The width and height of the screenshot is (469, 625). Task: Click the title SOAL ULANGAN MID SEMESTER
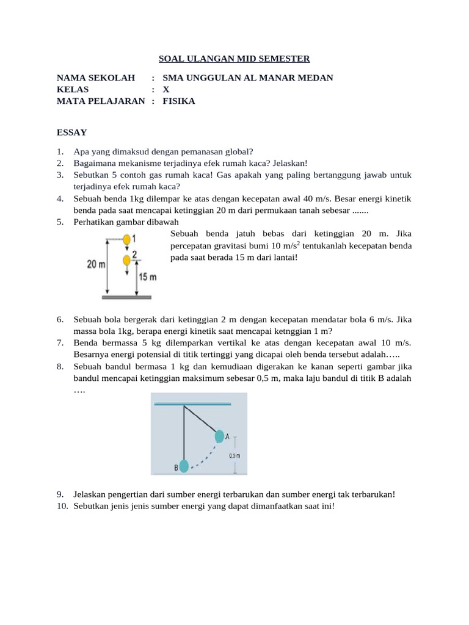[234, 59]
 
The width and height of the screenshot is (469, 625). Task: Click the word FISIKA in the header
[179, 101]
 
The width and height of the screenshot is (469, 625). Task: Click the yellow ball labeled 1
[126, 239]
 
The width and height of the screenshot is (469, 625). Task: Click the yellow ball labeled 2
[126, 261]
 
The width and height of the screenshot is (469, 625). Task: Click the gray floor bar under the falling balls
[126, 297]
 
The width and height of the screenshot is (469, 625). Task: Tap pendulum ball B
[184, 467]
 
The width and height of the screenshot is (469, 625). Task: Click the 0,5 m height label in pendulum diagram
[234, 455]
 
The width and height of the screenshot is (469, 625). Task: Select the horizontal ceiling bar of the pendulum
[192, 404]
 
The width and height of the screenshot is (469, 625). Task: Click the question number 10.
[62, 507]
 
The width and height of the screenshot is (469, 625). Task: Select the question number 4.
[60, 199]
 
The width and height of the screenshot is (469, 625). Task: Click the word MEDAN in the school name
[317, 78]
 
